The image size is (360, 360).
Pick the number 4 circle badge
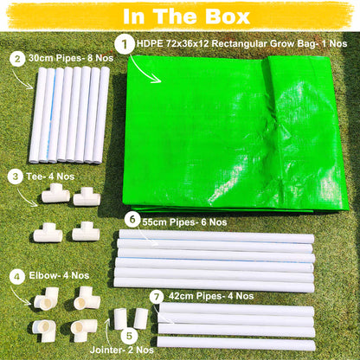[x=16, y=278]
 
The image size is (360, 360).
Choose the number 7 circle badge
[x=155, y=296]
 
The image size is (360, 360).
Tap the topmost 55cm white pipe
[x=215, y=236]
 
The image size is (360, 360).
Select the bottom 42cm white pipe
[x=237, y=344]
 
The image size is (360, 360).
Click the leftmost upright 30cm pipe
[x=38, y=115]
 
